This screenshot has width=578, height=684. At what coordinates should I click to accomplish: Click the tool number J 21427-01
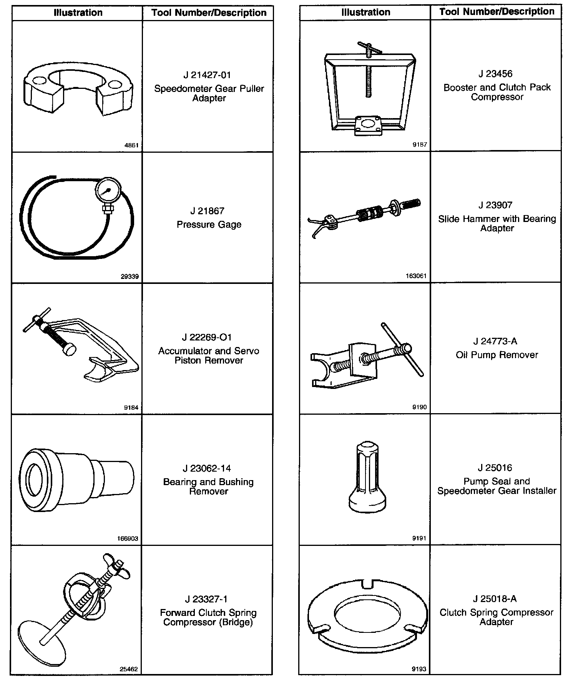pyautogui.click(x=207, y=75)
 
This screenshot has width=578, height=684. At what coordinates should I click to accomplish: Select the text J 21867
pyautogui.click(x=207, y=211)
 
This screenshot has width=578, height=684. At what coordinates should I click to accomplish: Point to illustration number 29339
pyautogui.click(x=130, y=277)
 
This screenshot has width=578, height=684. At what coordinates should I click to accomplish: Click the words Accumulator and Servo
pyautogui.click(x=209, y=351)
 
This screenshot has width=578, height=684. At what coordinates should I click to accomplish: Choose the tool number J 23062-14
pyautogui.click(x=207, y=468)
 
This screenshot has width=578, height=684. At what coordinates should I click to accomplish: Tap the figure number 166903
pyautogui.click(x=128, y=539)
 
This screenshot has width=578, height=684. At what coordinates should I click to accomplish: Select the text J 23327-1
pyautogui.click(x=206, y=599)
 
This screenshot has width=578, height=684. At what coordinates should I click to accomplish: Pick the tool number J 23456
pyautogui.click(x=496, y=73)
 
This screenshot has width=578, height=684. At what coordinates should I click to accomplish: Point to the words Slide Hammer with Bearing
pyautogui.click(x=497, y=219)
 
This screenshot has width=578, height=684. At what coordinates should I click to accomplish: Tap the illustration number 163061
pyautogui.click(x=416, y=276)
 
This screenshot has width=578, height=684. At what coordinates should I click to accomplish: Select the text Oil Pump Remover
pyautogui.click(x=497, y=355)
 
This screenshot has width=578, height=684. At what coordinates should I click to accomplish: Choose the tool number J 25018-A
pyautogui.click(x=495, y=599)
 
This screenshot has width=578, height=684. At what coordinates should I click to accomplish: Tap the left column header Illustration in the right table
pyautogui.click(x=365, y=12)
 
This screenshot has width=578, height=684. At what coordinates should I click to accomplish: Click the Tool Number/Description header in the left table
pyautogui.click(x=209, y=13)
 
